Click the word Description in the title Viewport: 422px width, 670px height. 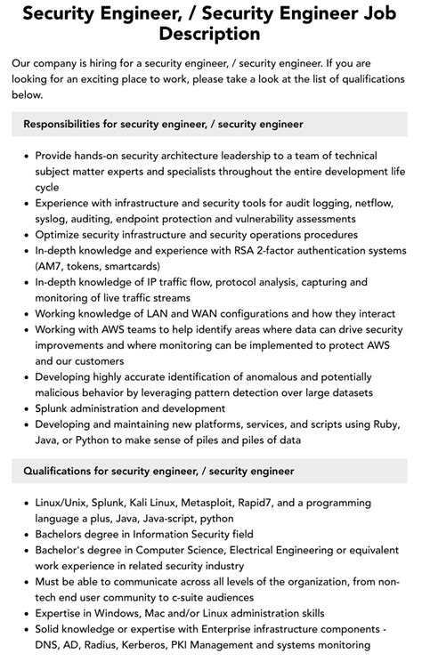(x=210, y=35)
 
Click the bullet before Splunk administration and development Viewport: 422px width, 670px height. (x=26, y=408)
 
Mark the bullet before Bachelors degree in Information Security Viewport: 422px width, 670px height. (x=26, y=535)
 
